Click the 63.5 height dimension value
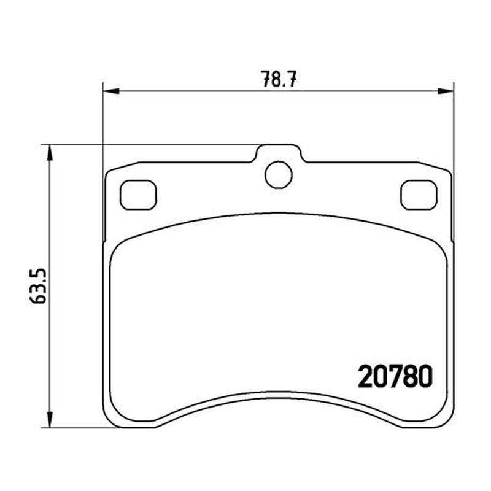coord(38,286)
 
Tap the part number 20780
coord(395,376)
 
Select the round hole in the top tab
coord(279,175)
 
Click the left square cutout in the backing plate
coord(138,195)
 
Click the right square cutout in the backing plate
coord(419,195)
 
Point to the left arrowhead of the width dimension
coord(111,91)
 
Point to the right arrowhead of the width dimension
coord(446,91)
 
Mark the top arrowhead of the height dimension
coord(50,153)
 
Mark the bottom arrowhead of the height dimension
coord(50,419)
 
